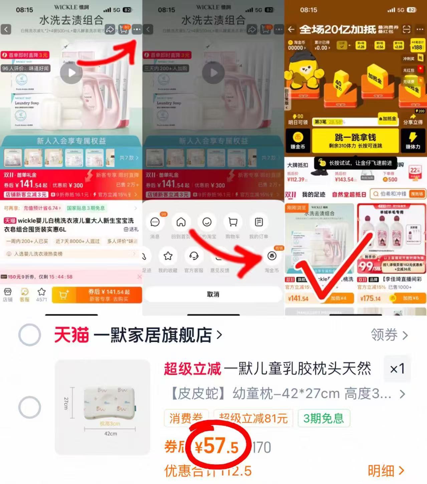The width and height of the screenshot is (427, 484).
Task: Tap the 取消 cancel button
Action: (x=213, y=294)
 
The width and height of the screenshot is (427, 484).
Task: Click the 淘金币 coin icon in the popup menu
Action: (x=272, y=256)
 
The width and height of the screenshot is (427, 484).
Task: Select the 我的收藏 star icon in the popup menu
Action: (x=168, y=256)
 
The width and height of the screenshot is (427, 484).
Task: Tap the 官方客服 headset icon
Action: (x=194, y=256)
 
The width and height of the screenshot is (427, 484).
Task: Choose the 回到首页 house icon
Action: (x=181, y=222)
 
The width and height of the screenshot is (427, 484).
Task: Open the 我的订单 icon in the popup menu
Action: (x=259, y=222)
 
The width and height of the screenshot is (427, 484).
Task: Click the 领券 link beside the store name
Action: (x=389, y=335)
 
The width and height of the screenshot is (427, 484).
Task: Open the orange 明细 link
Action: (x=386, y=471)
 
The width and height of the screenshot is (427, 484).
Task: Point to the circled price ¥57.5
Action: (x=217, y=447)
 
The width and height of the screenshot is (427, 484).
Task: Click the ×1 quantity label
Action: (x=397, y=369)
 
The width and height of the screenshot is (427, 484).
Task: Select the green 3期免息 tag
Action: (x=324, y=418)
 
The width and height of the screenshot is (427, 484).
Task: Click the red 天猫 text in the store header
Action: (x=71, y=335)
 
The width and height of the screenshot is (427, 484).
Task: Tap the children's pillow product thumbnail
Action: (x=102, y=407)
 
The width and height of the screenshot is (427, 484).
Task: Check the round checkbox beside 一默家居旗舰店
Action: (x=30, y=335)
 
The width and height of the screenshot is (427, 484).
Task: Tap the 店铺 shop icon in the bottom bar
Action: (x=7, y=294)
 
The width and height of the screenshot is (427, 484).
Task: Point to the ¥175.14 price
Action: (x=370, y=298)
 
